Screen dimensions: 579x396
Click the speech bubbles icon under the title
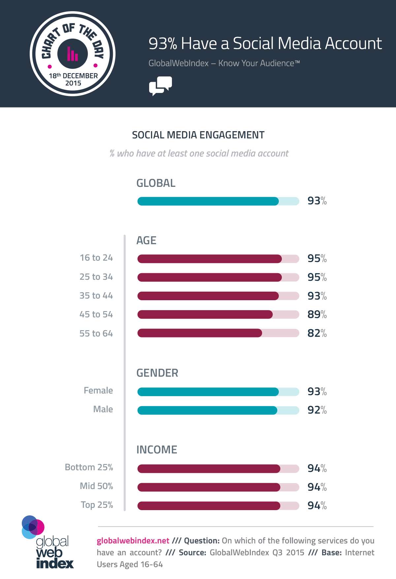(160, 86)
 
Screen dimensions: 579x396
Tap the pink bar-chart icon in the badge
(72, 54)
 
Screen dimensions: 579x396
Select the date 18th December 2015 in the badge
(73, 79)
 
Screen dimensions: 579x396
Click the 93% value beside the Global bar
(317, 201)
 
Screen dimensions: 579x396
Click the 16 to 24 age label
(96, 258)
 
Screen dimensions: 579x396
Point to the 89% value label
(317, 314)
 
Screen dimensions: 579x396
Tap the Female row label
(98, 391)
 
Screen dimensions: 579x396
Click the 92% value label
(317, 410)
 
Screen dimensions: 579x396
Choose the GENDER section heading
(157, 373)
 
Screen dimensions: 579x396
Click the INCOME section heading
(157, 450)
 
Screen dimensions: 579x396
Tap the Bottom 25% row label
(89, 467)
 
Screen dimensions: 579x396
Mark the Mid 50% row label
(96, 486)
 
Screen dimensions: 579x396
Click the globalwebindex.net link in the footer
(133, 541)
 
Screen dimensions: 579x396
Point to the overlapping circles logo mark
(33, 527)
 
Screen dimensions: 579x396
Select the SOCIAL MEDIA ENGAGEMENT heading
(198, 135)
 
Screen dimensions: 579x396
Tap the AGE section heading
(146, 241)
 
